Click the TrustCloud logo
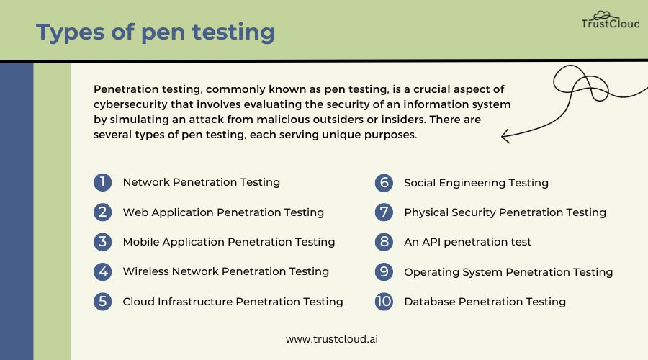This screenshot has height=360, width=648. tap(611, 20)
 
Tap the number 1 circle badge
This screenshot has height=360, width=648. tap(102, 182)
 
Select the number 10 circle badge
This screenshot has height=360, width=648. tap(384, 301)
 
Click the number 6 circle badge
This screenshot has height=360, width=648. tap(384, 183)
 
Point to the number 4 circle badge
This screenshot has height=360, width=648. tap(102, 271)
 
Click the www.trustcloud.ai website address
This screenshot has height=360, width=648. tap(332, 339)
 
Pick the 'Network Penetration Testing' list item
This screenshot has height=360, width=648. tap(202, 182)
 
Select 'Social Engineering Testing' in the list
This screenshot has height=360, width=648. tap(476, 183)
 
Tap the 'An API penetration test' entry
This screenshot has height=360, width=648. tap(467, 242)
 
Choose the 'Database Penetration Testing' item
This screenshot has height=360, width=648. tap(485, 302)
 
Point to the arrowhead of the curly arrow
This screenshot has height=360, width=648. tap(502, 135)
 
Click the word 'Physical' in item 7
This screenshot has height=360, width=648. tap(426, 212)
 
